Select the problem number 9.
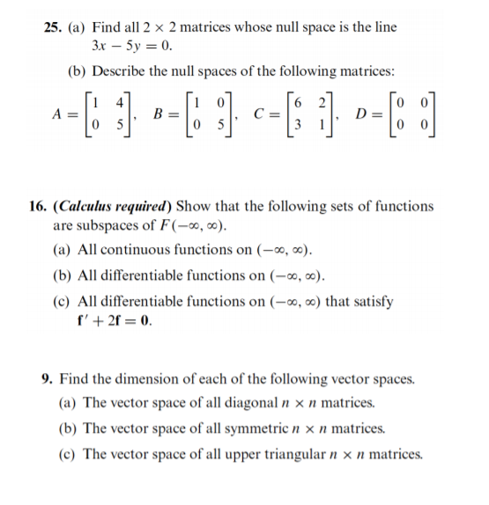pyautogui.click(x=48, y=379)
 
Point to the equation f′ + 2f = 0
pyautogui.click(x=115, y=319)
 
